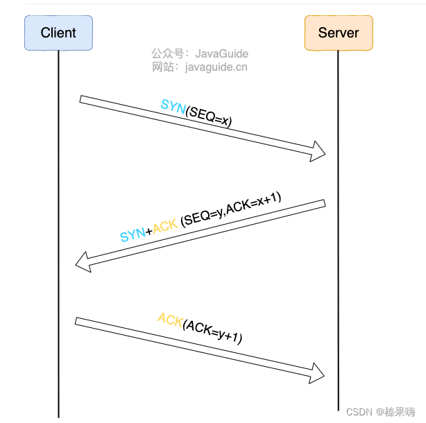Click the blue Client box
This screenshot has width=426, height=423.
58,33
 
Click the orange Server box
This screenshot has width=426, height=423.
339,33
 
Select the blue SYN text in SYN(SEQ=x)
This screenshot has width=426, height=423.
172,106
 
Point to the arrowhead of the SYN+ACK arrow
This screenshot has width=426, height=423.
83,261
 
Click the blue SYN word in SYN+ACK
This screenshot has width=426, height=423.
133,235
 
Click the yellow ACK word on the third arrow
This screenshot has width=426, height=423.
169,320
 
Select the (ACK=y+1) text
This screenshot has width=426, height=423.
212,331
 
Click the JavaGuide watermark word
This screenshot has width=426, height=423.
221,53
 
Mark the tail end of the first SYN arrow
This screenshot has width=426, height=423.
83,100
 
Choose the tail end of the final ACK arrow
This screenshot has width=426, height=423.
78,321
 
